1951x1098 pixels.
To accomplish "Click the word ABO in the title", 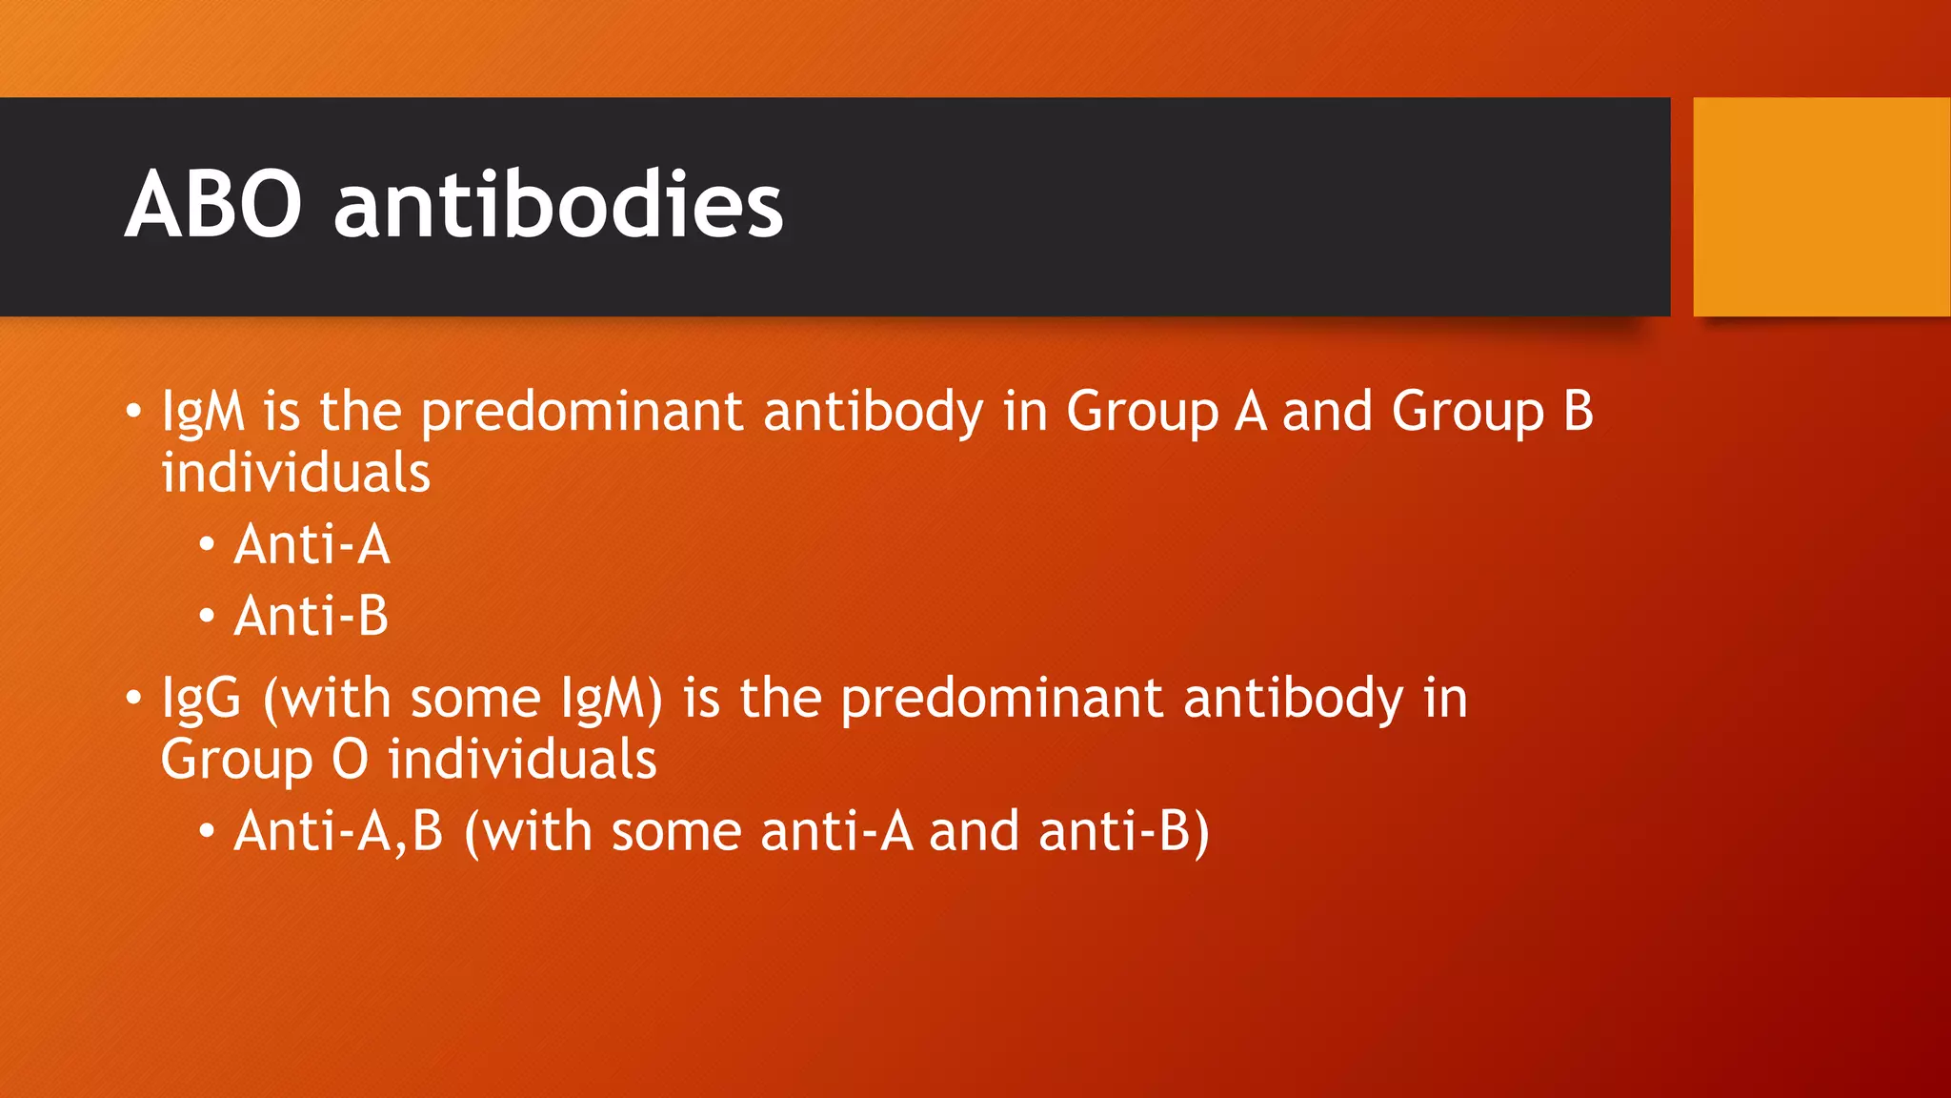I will pos(213,205).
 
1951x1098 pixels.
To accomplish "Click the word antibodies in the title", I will pos(558,205).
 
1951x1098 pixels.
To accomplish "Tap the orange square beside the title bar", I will pos(1820,207).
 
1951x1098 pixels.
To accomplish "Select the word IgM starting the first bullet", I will pos(203,413).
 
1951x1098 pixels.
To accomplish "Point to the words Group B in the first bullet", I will pos(1492,413).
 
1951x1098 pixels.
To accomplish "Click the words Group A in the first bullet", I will pos(1166,413).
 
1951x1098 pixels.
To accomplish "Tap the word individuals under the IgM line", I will pos(295,474).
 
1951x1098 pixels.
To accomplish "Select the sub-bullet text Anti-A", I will pos(312,545).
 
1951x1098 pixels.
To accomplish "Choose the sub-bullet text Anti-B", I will pos(312,617).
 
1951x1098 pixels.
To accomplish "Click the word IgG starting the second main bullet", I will pos(201,700).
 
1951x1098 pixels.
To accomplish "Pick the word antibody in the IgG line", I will pos(1293,700).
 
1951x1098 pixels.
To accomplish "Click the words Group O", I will pos(264,761).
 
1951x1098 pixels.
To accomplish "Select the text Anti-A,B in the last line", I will pos(338,832).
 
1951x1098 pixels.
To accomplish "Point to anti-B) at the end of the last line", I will pos(1124,832).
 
